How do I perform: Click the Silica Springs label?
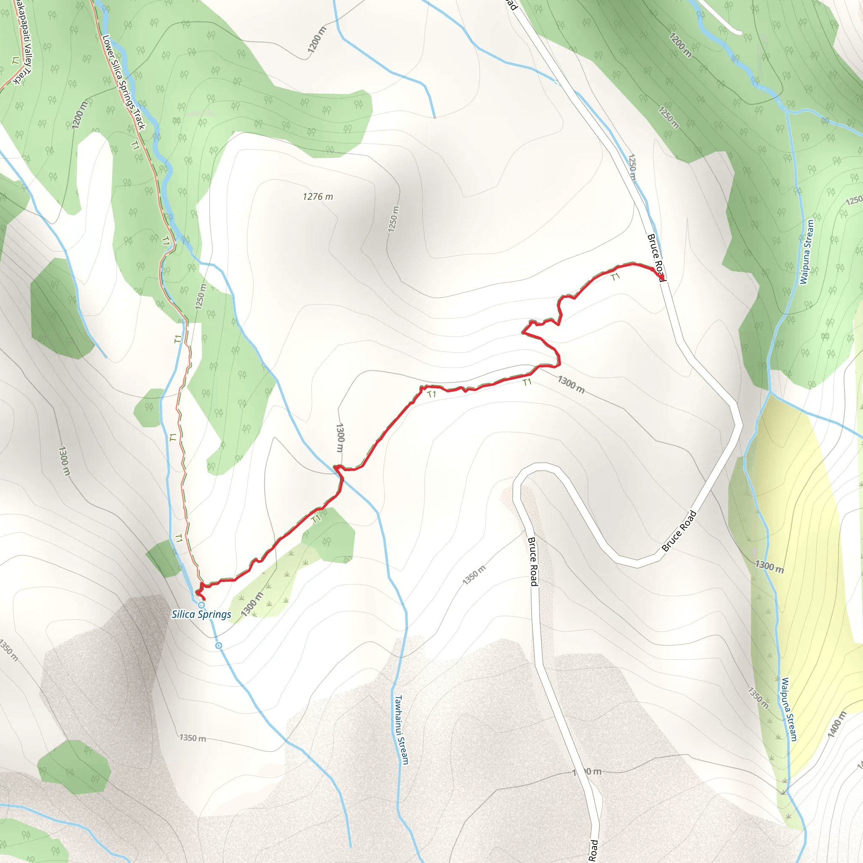(x=201, y=615)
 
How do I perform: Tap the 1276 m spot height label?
(x=318, y=196)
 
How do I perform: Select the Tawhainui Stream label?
(x=402, y=729)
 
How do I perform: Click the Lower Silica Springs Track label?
(x=123, y=82)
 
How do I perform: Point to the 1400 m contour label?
(x=836, y=724)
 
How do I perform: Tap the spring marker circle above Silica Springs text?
(x=201, y=605)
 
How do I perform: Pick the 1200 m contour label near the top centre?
(x=317, y=40)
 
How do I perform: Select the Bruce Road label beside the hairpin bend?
(x=679, y=531)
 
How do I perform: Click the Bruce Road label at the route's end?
(x=656, y=257)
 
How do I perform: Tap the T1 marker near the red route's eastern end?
(x=616, y=277)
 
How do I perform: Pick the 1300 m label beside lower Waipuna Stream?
(x=769, y=566)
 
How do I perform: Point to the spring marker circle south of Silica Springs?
(x=218, y=646)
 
